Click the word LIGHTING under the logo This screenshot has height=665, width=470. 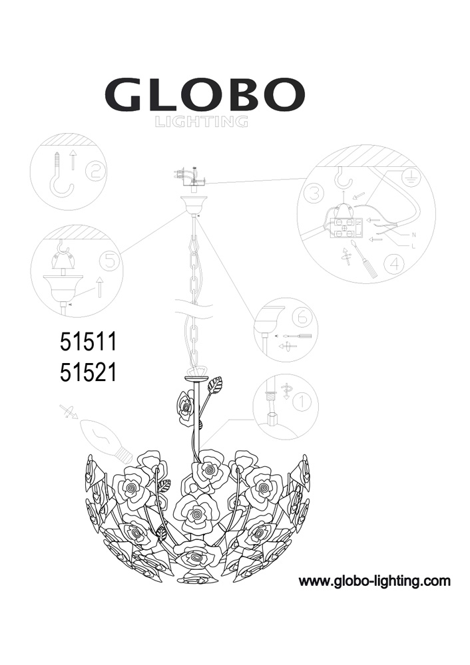(x=201, y=122)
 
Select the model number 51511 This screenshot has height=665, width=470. (x=89, y=342)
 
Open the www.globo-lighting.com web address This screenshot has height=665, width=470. (x=375, y=581)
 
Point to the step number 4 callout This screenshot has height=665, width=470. (x=394, y=265)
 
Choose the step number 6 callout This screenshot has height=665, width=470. (x=303, y=317)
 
